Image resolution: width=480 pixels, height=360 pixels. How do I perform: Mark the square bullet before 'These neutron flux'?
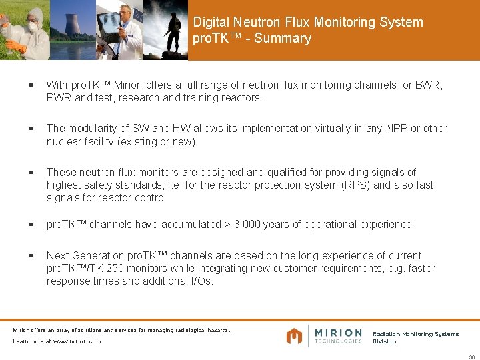(x=31, y=173)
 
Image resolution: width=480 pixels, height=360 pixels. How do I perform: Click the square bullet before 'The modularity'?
(x=31, y=129)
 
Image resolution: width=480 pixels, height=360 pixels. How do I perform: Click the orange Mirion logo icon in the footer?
(x=294, y=336)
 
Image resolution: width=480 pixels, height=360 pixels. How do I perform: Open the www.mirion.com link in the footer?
(x=77, y=341)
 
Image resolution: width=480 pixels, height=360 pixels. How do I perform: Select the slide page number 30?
(x=471, y=356)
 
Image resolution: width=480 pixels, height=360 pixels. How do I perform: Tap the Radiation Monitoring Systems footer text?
(x=415, y=334)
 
